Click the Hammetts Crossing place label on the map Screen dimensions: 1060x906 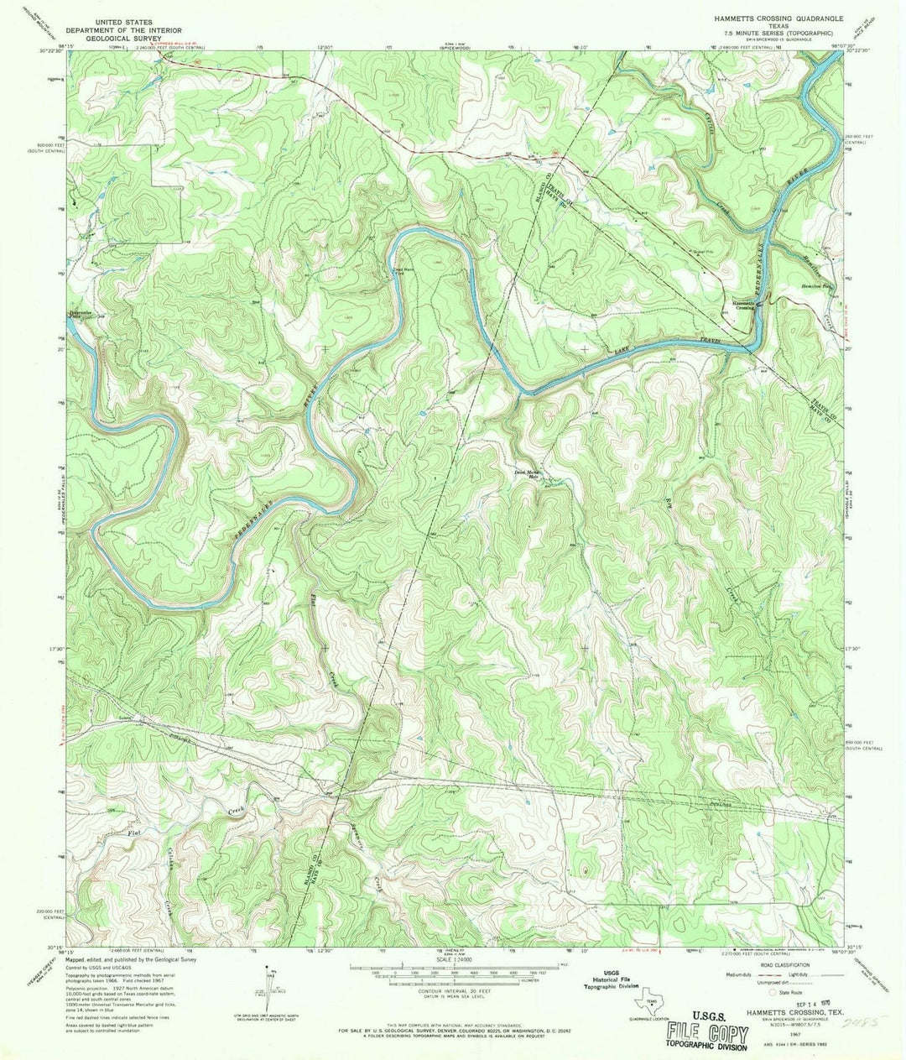tap(745, 305)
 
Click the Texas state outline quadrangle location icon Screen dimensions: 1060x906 tap(652, 1003)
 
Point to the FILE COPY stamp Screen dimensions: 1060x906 tap(706, 1034)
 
